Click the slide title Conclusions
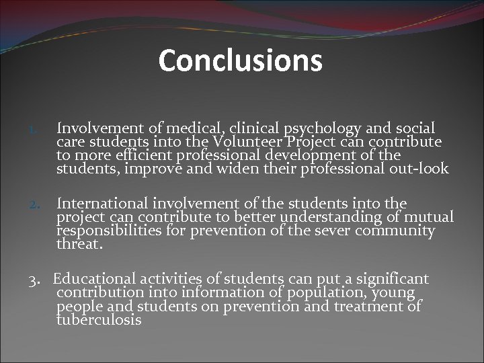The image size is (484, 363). coord(241,61)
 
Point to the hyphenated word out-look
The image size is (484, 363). coord(419,168)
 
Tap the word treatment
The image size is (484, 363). coord(366,306)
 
